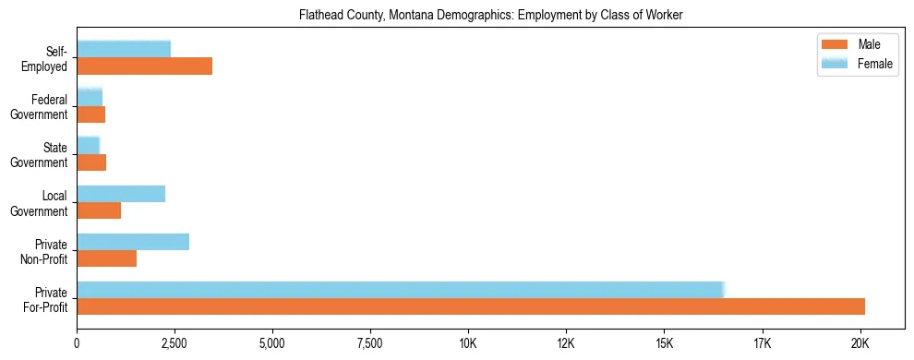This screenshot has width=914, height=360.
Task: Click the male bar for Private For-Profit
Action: pos(471,306)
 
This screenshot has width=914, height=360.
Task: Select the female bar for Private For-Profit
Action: pos(401,290)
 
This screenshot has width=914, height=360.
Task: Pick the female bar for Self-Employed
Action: pos(124,49)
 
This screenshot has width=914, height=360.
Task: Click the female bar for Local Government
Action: pos(121,194)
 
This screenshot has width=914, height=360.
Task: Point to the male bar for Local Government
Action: pos(99,210)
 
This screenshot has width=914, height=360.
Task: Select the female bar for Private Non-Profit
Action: pos(133,242)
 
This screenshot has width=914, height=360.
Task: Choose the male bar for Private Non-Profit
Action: pos(106,258)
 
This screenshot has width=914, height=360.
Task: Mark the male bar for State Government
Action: pos(91,162)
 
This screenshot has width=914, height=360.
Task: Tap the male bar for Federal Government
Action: pos(90,114)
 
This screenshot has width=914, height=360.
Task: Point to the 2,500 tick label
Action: pos(174,343)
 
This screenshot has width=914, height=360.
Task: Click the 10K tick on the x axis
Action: pos(468,343)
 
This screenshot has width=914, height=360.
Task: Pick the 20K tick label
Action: pos(860,343)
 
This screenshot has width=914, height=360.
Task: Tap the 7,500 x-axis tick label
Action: pos(370,343)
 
